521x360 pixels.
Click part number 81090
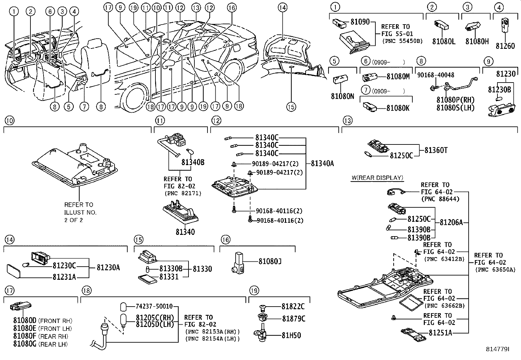click(360, 22)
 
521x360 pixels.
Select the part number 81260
click(505, 46)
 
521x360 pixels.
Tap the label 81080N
click(342, 96)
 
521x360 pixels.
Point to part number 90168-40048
click(436, 75)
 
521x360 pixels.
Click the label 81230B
click(499, 89)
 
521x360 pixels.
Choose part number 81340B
click(193, 162)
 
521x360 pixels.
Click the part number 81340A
click(322, 163)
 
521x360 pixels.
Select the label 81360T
click(436, 150)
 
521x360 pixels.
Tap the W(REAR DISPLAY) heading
click(377, 178)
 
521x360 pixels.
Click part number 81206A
click(451, 223)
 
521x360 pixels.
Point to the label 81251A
click(440, 333)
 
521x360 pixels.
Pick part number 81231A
click(64, 277)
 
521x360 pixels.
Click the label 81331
click(169, 277)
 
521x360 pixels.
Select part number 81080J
click(270, 261)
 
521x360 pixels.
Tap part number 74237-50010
click(154, 306)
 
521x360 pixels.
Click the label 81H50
click(291, 335)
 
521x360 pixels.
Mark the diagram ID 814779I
click(497, 349)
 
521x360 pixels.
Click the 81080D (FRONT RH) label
click(43, 321)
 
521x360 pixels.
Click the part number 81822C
click(293, 307)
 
